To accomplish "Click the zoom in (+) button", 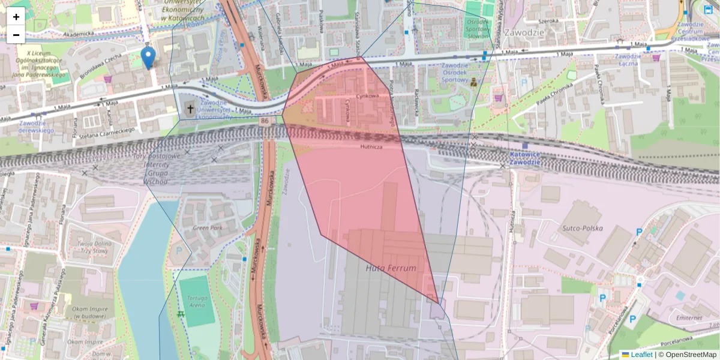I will [16, 17].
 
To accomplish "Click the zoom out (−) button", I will [16, 35].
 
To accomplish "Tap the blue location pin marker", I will [148, 58].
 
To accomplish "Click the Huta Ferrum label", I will [391, 268].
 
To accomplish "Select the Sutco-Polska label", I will [582, 228].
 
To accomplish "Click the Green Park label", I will [208, 228].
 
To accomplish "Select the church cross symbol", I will [190, 109].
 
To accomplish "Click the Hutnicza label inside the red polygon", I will [371, 146].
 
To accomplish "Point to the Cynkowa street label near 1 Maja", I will [367, 95].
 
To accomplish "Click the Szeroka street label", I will [548, 20].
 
